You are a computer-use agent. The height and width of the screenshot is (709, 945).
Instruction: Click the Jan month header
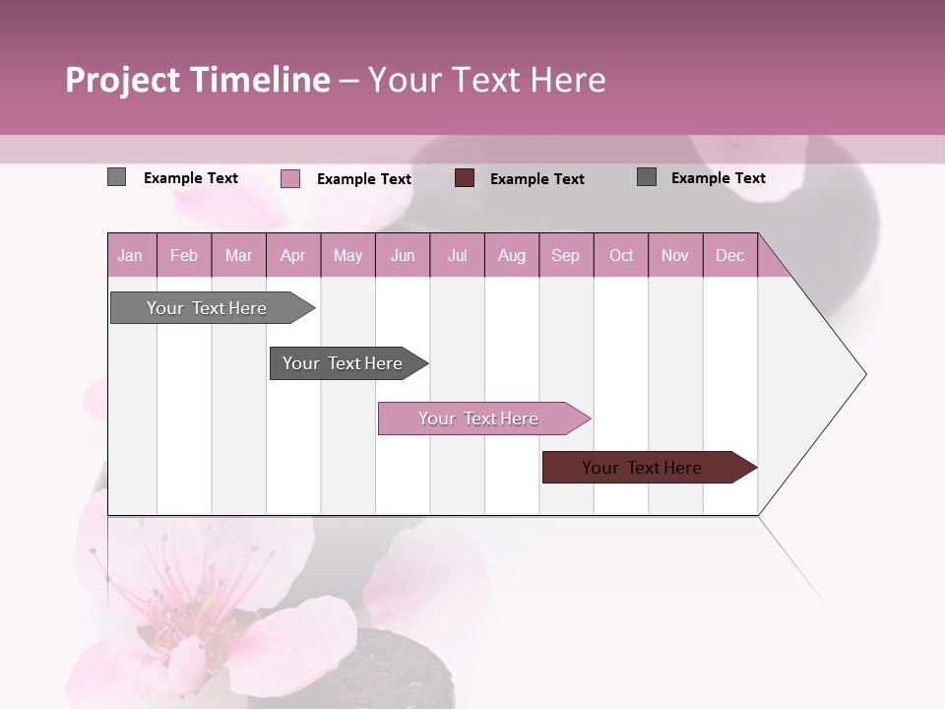pyautogui.click(x=130, y=256)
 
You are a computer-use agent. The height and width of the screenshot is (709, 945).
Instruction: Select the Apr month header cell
pyautogui.click(x=292, y=256)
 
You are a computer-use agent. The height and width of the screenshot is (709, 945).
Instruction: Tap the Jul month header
pyautogui.click(x=457, y=256)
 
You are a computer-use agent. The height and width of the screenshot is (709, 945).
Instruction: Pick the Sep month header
pyautogui.click(x=565, y=256)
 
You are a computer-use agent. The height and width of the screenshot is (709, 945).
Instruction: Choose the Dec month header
pyautogui.click(x=729, y=256)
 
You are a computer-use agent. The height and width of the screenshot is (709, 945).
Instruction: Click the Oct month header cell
pyautogui.click(x=621, y=256)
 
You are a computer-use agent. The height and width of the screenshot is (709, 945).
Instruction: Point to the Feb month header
pyautogui.click(x=184, y=256)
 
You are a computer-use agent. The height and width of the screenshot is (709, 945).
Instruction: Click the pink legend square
pyautogui.click(x=289, y=178)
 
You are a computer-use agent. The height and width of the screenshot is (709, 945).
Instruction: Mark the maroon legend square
pyautogui.click(x=465, y=178)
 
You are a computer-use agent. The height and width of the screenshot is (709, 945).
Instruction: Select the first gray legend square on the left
pyautogui.click(x=116, y=177)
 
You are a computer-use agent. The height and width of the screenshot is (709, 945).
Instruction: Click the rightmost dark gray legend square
pyautogui.click(x=647, y=177)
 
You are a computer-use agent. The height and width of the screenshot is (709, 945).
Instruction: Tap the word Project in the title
pyautogui.click(x=122, y=80)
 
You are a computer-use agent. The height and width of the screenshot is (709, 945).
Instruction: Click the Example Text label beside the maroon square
pyautogui.click(x=536, y=179)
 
